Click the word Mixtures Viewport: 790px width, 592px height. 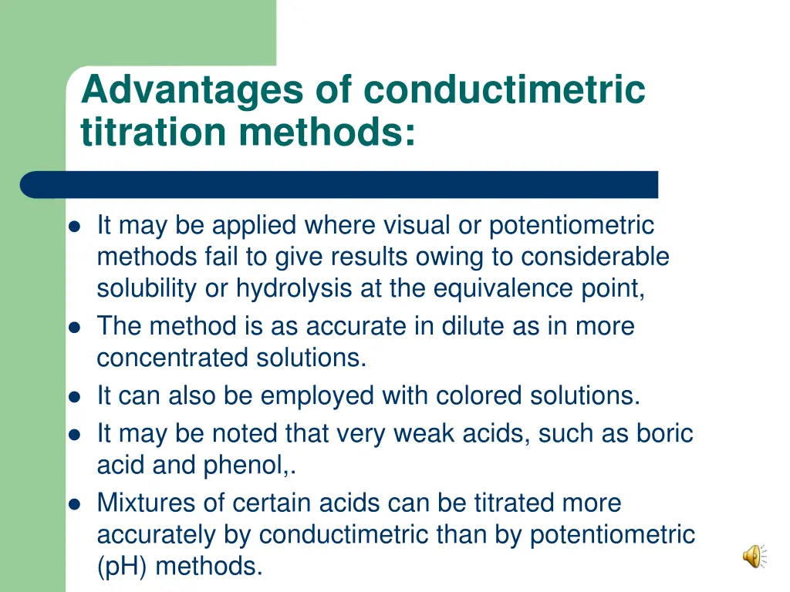click(149, 503)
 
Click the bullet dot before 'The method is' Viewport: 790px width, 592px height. click(75, 327)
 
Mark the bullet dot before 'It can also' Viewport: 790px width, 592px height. click(75, 396)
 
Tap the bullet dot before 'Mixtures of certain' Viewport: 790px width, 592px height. click(75, 503)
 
